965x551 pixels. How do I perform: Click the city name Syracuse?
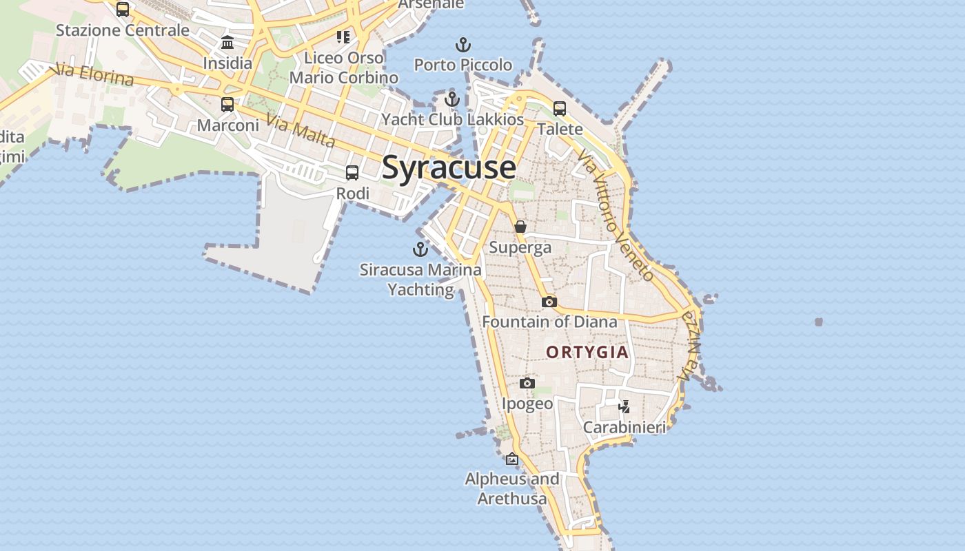pyautogui.click(x=449, y=167)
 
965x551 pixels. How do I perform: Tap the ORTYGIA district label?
pyautogui.click(x=587, y=352)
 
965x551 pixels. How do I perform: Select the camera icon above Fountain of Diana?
pyautogui.click(x=549, y=302)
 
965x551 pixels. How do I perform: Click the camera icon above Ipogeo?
pyautogui.click(x=527, y=383)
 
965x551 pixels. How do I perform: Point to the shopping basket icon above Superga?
pyautogui.click(x=520, y=226)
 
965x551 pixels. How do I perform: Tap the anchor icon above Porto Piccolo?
pyautogui.click(x=463, y=45)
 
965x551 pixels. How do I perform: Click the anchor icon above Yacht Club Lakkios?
pyautogui.click(x=452, y=99)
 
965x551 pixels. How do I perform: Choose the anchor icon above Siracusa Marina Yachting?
pyautogui.click(x=420, y=249)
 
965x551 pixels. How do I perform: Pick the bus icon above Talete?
pyautogui.click(x=560, y=108)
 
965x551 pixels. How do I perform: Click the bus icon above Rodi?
pyautogui.click(x=352, y=173)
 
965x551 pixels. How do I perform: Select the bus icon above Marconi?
pyautogui.click(x=227, y=105)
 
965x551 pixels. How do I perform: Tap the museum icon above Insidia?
pyautogui.click(x=227, y=43)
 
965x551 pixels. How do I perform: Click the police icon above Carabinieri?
pyautogui.click(x=624, y=406)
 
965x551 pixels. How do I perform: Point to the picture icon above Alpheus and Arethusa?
pyautogui.click(x=512, y=458)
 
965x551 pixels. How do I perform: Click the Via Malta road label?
pyautogui.click(x=301, y=132)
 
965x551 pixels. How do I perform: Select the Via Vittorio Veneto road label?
pyautogui.click(x=616, y=215)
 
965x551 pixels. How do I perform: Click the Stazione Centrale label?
pyautogui.click(x=123, y=30)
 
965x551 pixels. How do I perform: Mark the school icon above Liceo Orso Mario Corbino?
pyautogui.click(x=343, y=37)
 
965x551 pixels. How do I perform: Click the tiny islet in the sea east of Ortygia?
pyautogui.click(x=818, y=322)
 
